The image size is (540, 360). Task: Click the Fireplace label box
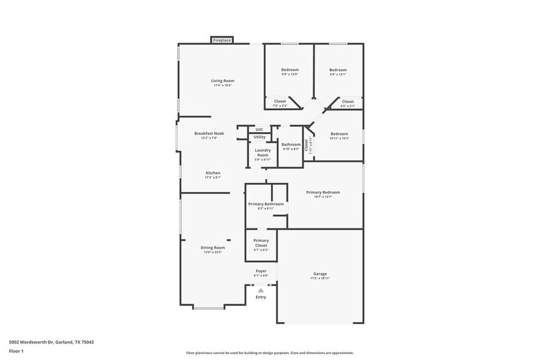pyautogui.click(x=222, y=40)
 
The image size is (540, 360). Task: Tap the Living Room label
pyautogui.click(x=223, y=81)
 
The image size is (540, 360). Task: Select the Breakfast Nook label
pyautogui.click(x=209, y=133)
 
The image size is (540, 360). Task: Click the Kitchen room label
pyautogui.click(x=213, y=173)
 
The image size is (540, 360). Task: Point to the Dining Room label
pyautogui.click(x=213, y=247)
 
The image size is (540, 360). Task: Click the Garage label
pyautogui.click(x=320, y=274)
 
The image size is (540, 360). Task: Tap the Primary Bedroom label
pyautogui.click(x=323, y=192)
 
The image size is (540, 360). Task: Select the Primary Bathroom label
pyautogui.click(x=266, y=204)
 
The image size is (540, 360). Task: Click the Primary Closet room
pyautogui.click(x=261, y=243)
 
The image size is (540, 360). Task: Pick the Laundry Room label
pyautogui.click(x=263, y=152)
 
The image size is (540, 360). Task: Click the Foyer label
pyautogui.click(x=261, y=271)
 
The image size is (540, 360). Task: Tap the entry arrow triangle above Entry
pyautogui.click(x=261, y=290)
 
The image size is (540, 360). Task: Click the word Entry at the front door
pyautogui.click(x=261, y=298)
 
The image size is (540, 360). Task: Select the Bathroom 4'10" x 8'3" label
pyautogui.click(x=291, y=144)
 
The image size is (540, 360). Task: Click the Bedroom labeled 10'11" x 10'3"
pyautogui.click(x=339, y=133)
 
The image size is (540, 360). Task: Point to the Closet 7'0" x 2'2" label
pyautogui.click(x=280, y=102)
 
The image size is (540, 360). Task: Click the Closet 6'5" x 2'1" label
pyautogui.click(x=348, y=102)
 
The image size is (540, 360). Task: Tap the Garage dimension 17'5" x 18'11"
pyautogui.click(x=320, y=279)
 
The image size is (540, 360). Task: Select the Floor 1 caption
pyautogui.click(x=16, y=351)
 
